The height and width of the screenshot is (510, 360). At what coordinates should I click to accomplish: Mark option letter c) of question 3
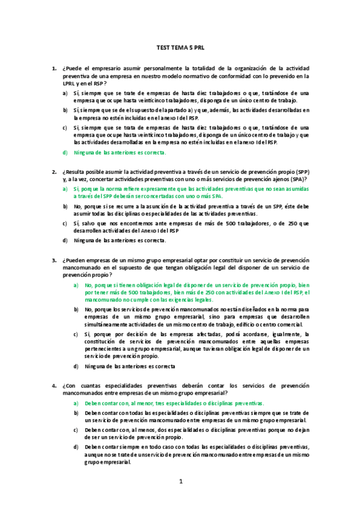point(76,334)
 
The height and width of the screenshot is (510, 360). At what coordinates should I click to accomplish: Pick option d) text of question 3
point(130,366)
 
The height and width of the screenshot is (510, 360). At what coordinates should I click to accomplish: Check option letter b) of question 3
point(76,309)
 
